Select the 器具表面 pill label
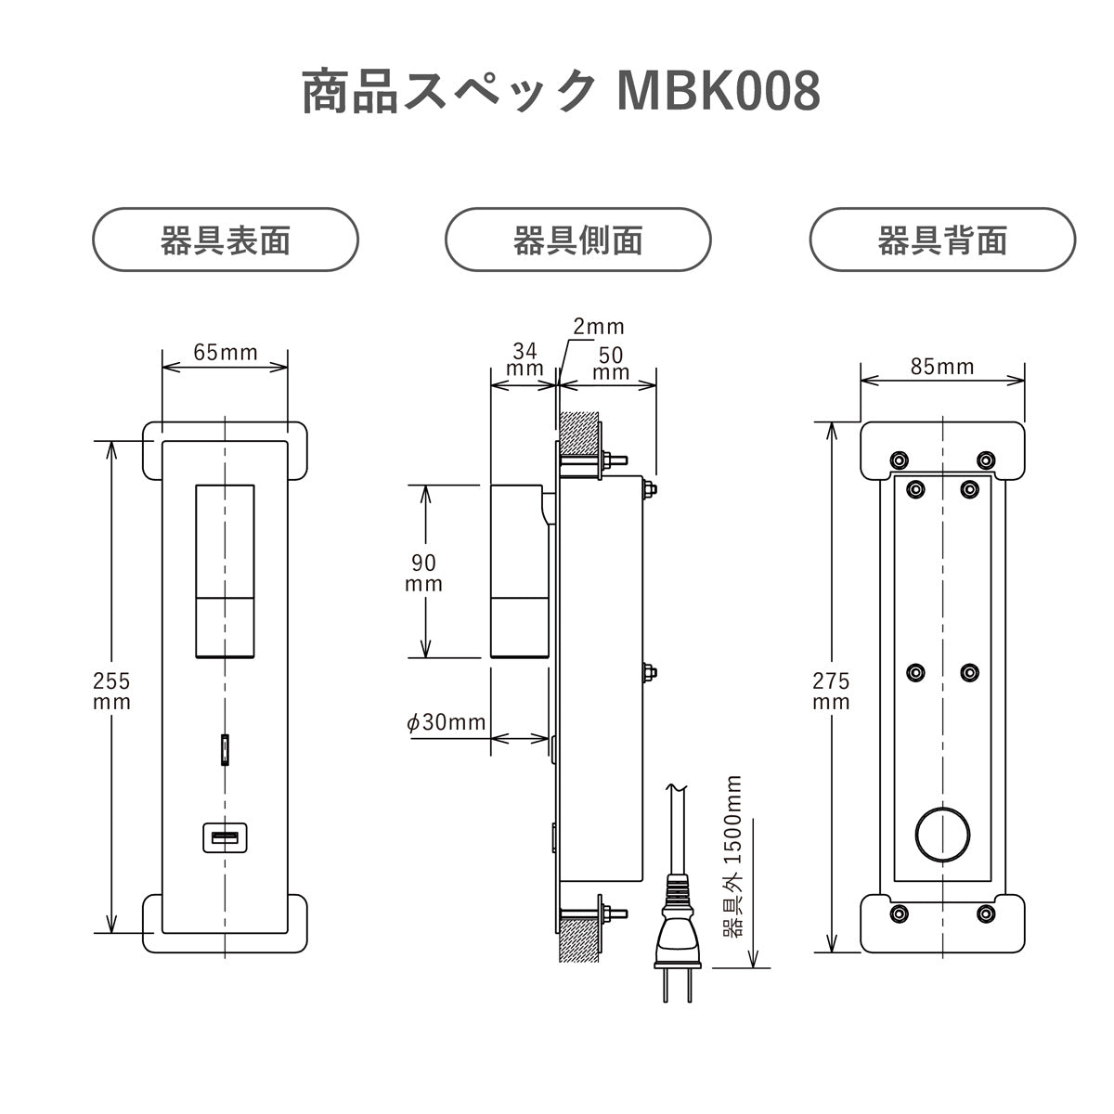pyautogui.click(x=226, y=240)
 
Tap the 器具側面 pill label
pyautogui.click(x=577, y=240)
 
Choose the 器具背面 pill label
pyautogui.click(x=942, y=240)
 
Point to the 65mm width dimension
pyautogui.click(x=225, y=352)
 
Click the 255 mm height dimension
pyautogui.click(x=111, y=691)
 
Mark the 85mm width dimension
pyautogui.click(x=942, y=367)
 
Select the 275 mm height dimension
pyautogui.click(x=831, y=691)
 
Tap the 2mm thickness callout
pyautogui.click(x=599, y=327)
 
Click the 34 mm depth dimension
pyautogui.click(x=525, y=360)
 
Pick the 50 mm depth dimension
pyautogui.click(x=610, y=363)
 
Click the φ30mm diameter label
pyautogui.click(x=447, y=721)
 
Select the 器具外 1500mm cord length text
pyautogui.click(x=732, y=859)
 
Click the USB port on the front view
pyautogui.click(x=225, y=838)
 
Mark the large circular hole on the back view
pyautogui.click(x=942, y=833)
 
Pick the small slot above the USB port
pyautogui.click(x=225, y=749)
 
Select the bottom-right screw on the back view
pyautogui.click(x=987, y=913)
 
